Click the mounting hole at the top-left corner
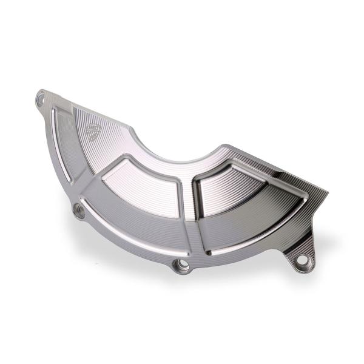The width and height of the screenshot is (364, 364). (x=42, y=96)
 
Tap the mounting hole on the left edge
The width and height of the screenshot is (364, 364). (x=78, y=211)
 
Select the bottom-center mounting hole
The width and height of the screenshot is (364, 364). (x=181, y=265)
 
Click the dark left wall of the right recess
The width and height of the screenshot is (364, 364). (x=200, y=200)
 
